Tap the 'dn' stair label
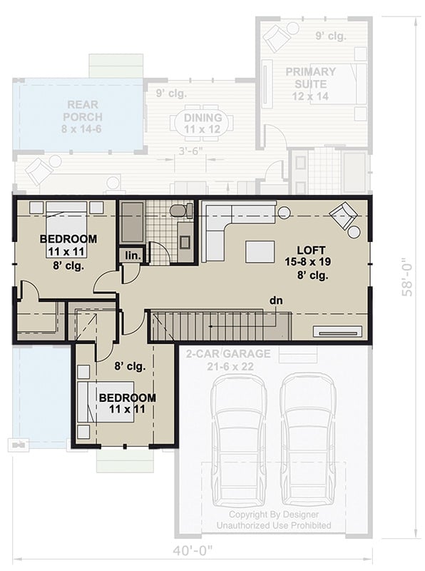276,300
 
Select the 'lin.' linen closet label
132,255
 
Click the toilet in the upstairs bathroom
182,211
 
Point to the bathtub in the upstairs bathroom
131,222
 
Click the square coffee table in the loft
260,251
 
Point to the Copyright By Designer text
274,515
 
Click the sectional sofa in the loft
228,221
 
